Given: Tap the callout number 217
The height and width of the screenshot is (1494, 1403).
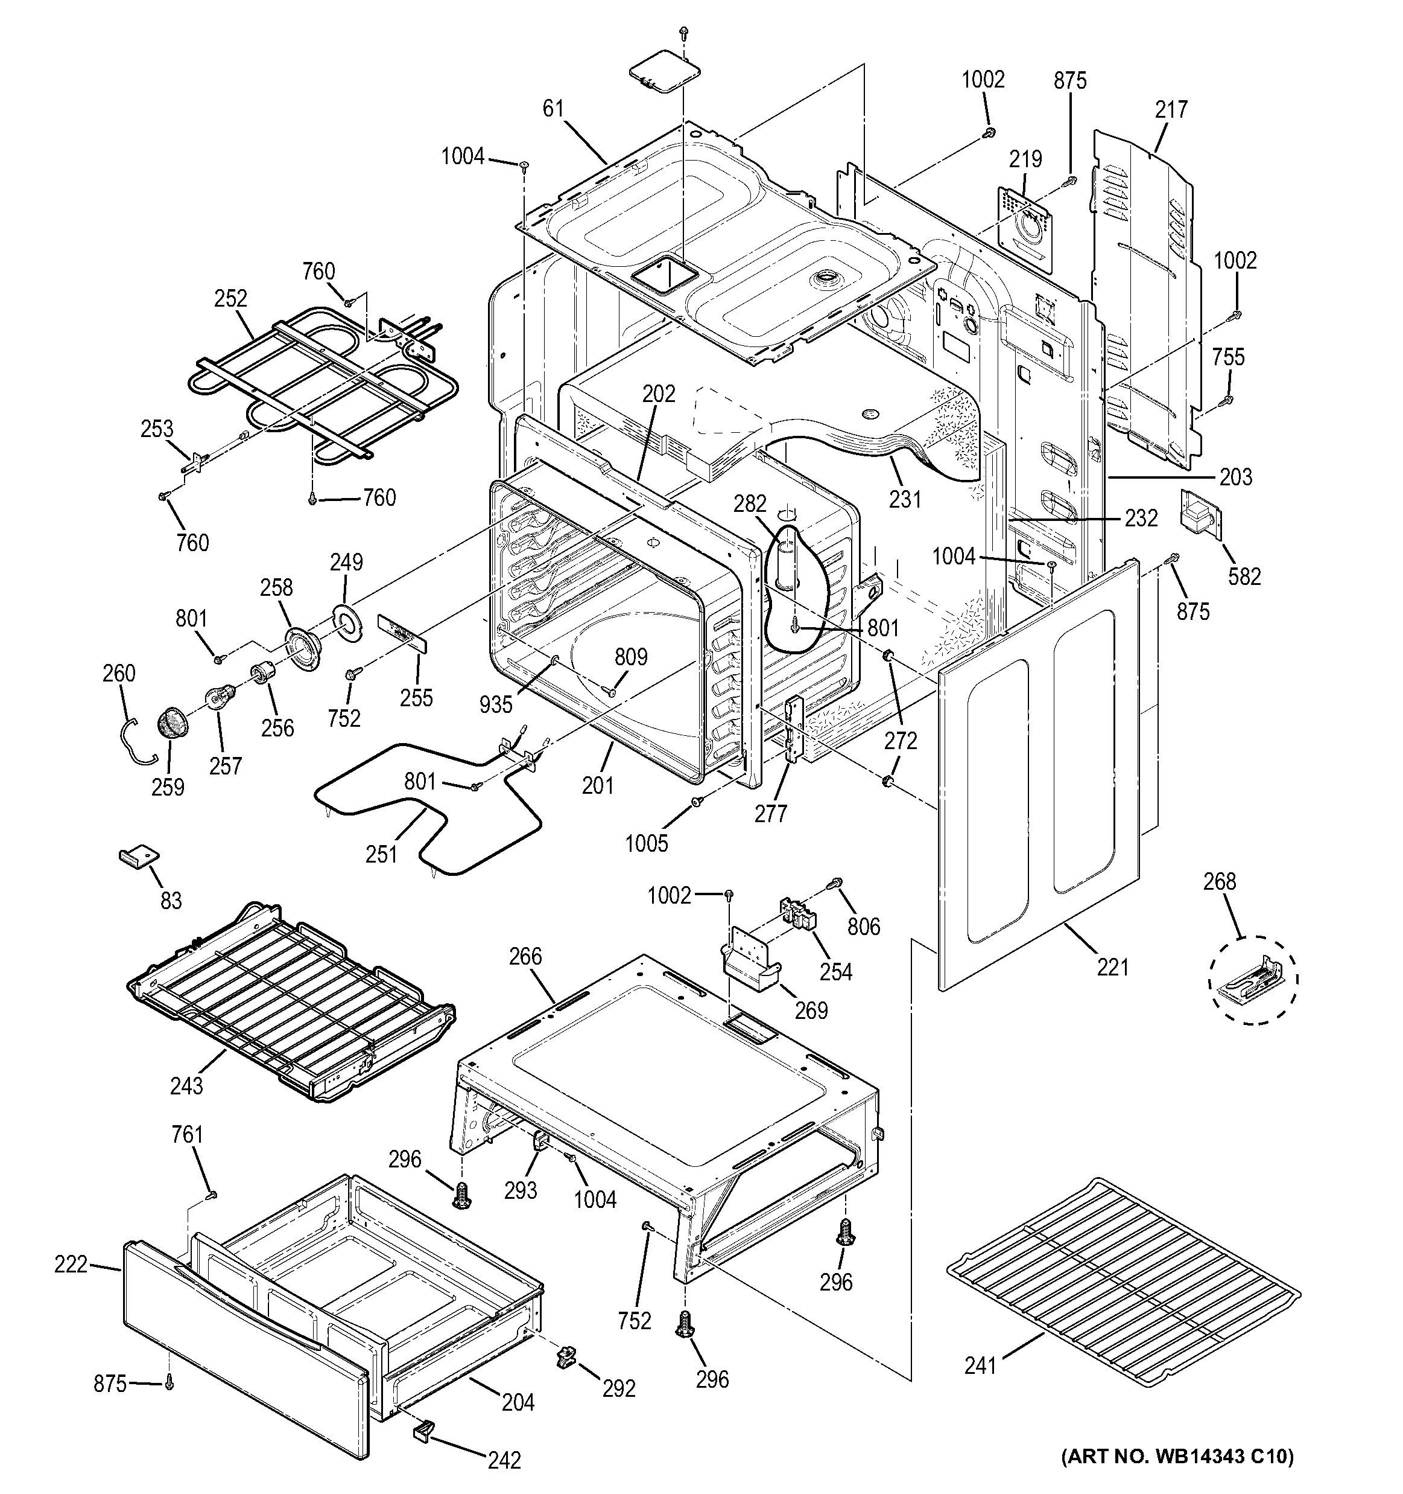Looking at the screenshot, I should click(x=1171, y=110).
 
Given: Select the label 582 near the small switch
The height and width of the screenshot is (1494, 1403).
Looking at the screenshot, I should click(x=1244, y=576).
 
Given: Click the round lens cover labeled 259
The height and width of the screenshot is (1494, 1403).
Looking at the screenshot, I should click(x=174, y=725).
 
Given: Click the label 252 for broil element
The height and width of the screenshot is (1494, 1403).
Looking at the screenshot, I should click(x=230, y=298).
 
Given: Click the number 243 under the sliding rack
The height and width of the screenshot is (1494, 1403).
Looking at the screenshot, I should click(x=186, y=1085).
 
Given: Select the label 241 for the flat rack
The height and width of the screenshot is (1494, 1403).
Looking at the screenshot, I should click(x=980, y=1365).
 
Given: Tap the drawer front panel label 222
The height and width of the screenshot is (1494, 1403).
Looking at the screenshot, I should click(x=71, y=1264).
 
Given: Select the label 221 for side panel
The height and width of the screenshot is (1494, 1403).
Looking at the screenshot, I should click(x=1112, y=967).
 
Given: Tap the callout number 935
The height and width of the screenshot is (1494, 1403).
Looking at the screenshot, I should click(x=496, y=704).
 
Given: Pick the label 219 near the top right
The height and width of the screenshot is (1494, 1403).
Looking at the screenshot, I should click(x=1025, y=159).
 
